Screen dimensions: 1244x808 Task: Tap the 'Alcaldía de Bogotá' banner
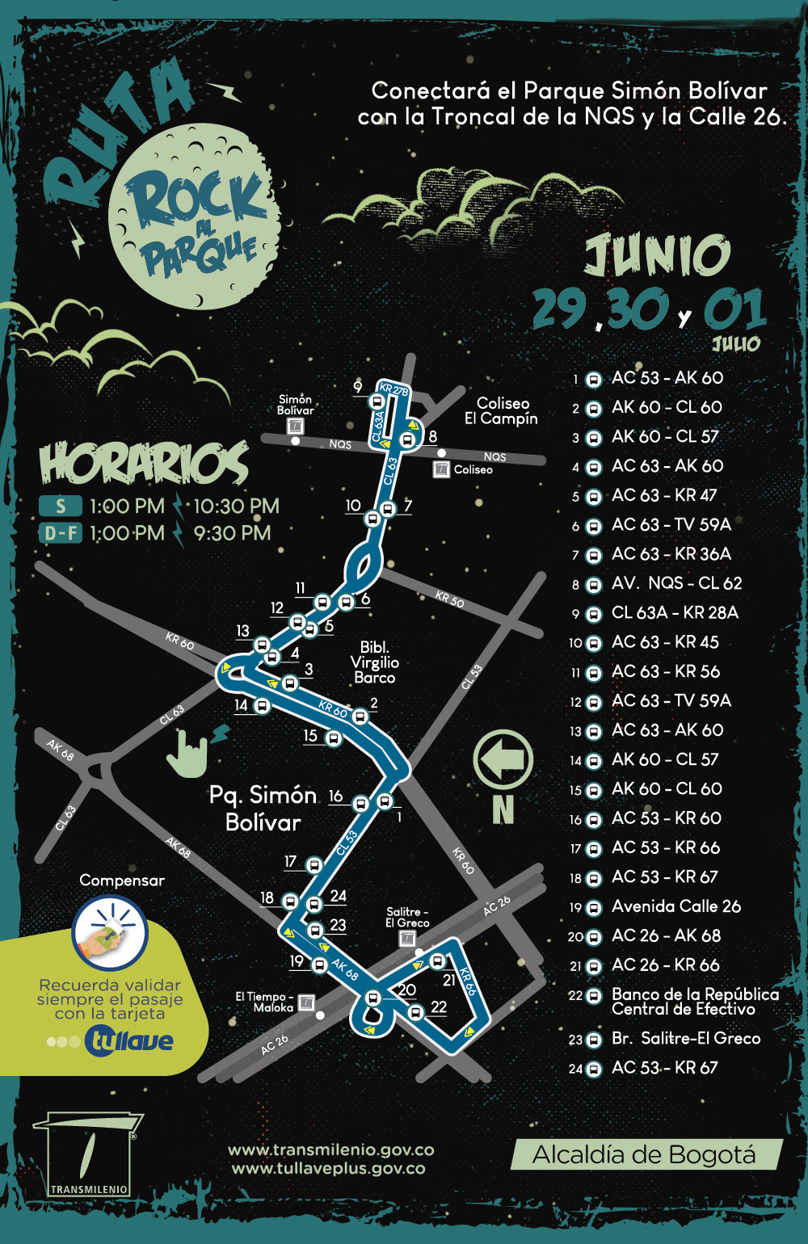pyautogui.click(x=645, y=1155)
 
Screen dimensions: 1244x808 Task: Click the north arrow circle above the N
pyautogui.click(x=503, y=759)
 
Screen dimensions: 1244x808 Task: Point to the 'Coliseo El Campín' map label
pyautogui.click(x=501, y=410)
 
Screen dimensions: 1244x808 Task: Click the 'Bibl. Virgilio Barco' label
pyautogui.click(x=374, y=662)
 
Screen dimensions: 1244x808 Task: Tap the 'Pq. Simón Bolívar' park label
pyautogui.click(x=263, y=809)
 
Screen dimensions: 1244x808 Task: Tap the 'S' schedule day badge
pyautogui.click(x=61, y=506)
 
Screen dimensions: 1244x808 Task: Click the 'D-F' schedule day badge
pyautogui.click(x=61, y=533)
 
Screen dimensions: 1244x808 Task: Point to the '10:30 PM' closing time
pyautogui.click(x=236, y=506)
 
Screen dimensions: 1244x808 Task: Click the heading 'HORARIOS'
pyautogui.click(x=144, y=464)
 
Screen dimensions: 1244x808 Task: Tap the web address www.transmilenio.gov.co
pyautogui.click(x=330, y=1149)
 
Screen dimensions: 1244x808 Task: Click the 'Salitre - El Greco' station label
pyautogui.click(x=407, y=917)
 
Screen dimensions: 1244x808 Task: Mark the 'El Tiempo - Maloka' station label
pyautogui.click(x=265, y=1002)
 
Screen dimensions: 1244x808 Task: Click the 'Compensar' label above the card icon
pyautogui.click(x=122, y=880)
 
